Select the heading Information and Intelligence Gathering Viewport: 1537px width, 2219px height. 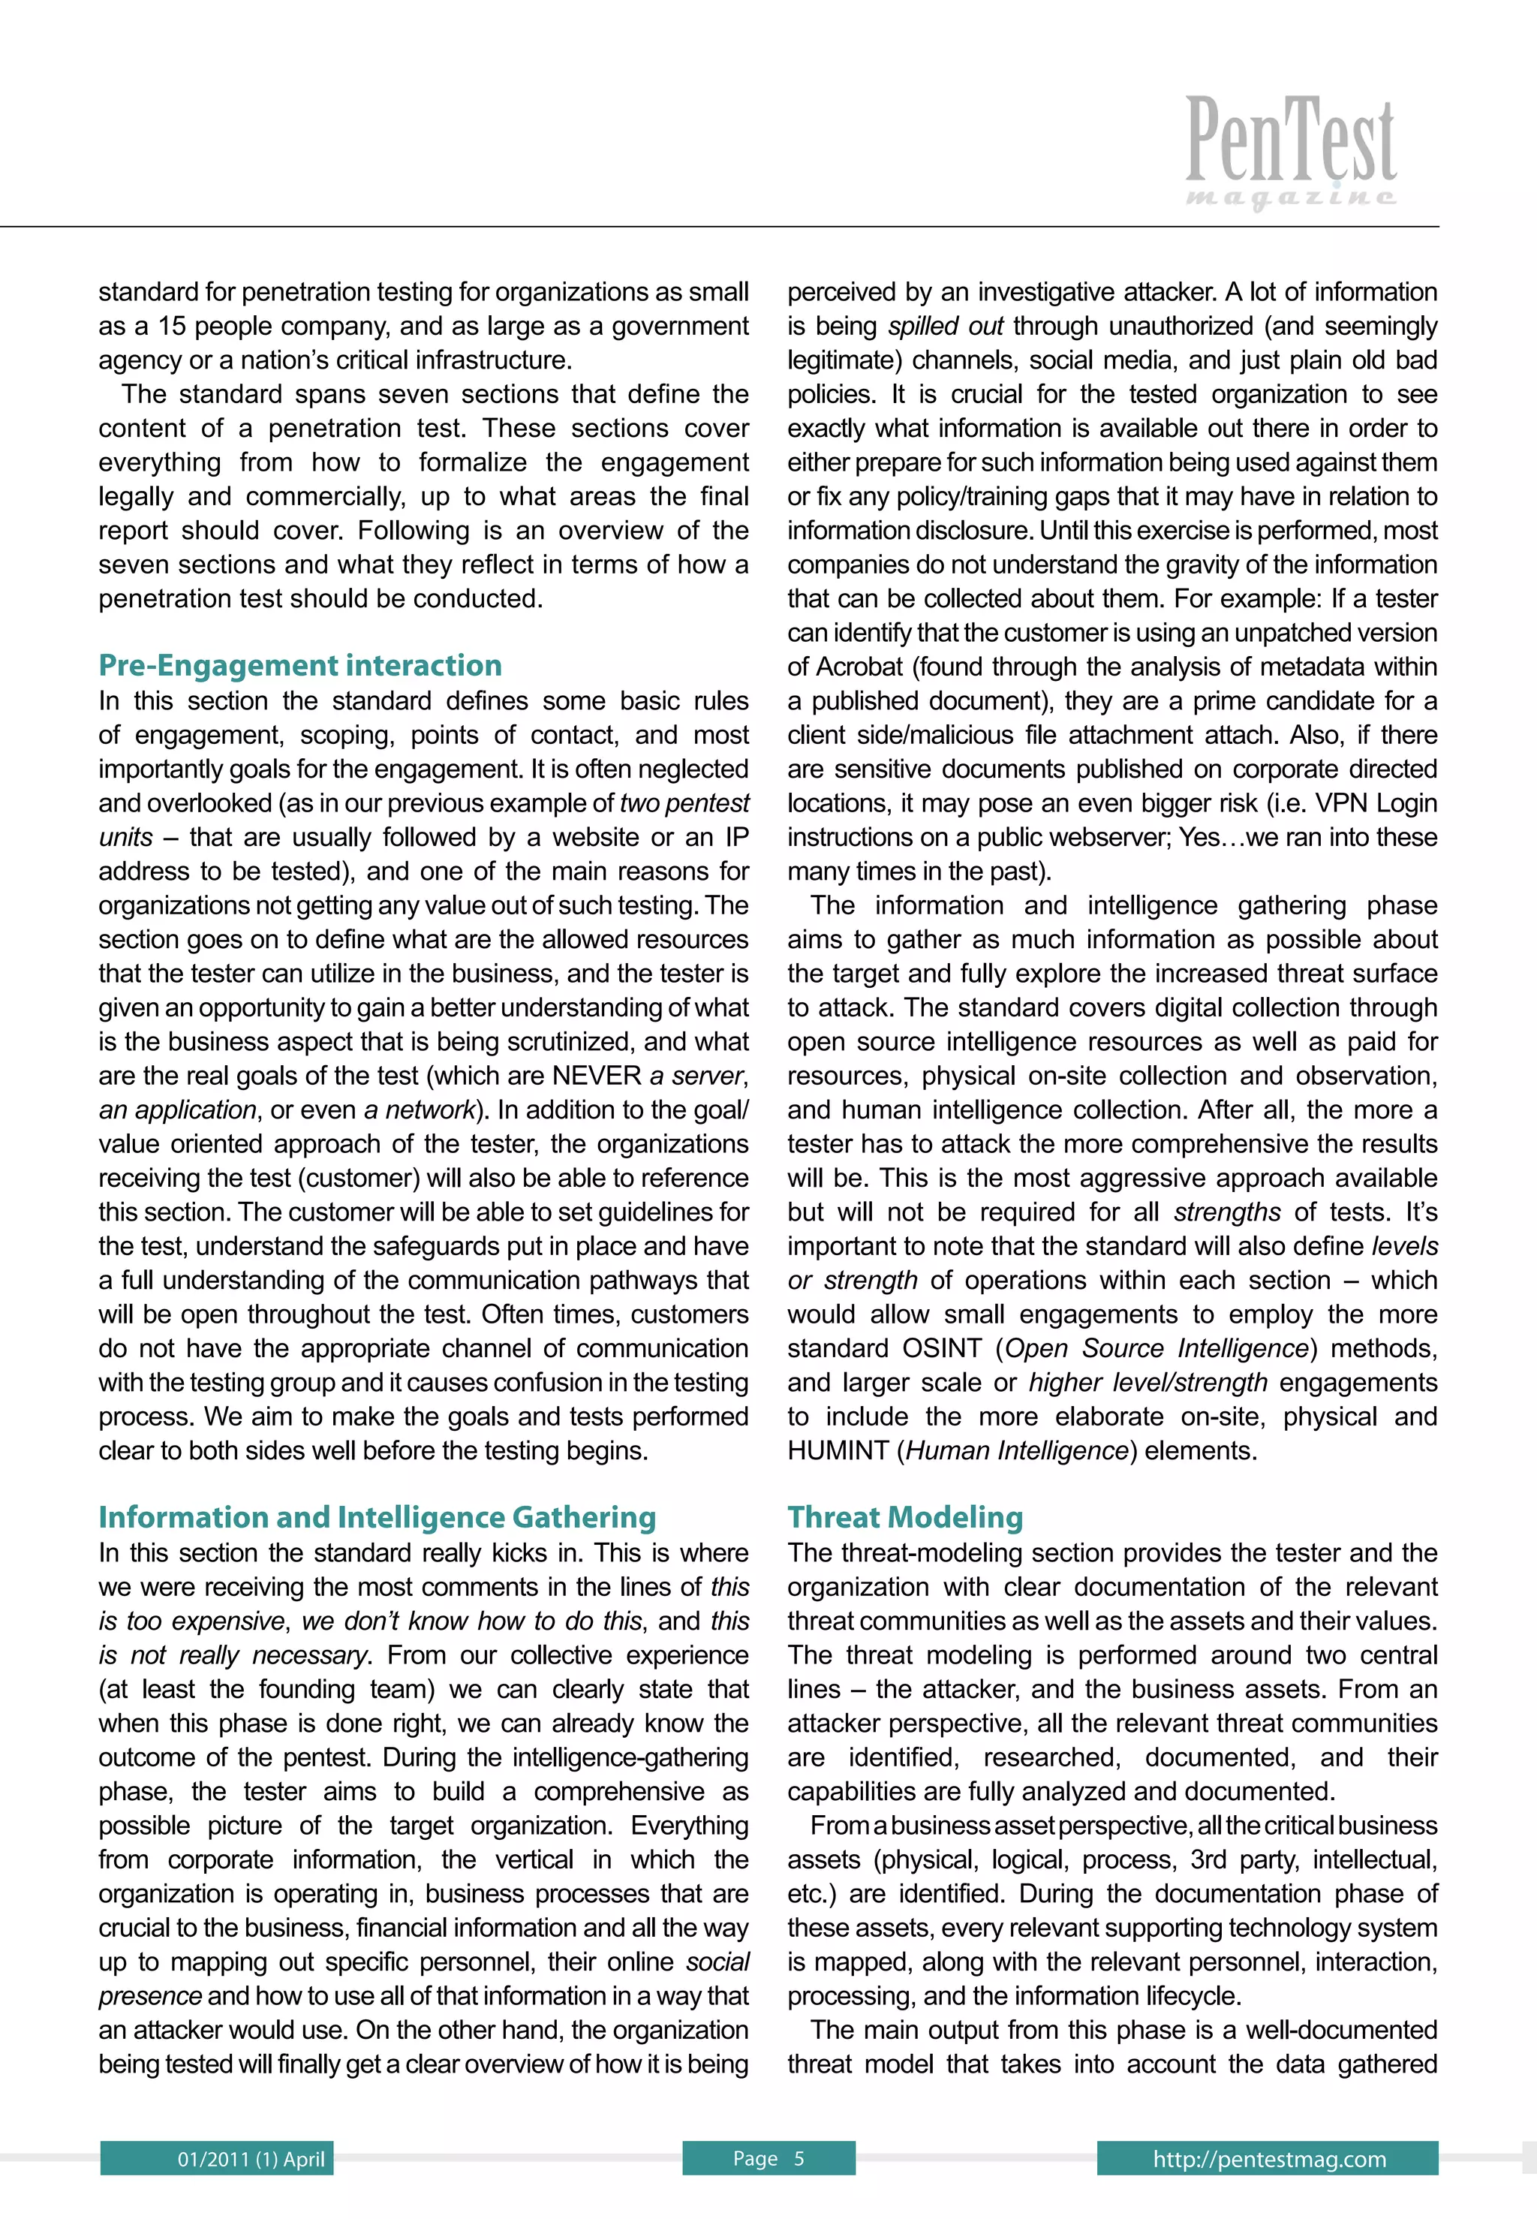(x=377, y=1517)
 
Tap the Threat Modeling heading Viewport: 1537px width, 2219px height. (x=904, y=1517)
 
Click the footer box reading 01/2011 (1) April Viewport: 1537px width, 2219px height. (x=217, y=2158)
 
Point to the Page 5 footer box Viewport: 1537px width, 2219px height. (x=768, y=2158)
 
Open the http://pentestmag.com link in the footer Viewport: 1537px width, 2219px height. (x=1268, y=2158)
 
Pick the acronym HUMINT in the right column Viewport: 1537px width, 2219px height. (x=838, y=1450)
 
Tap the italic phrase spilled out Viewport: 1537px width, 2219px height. (x=945, y=327)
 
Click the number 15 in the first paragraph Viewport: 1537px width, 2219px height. (x=173, y=327)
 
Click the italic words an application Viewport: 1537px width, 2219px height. (x=177, y=1109)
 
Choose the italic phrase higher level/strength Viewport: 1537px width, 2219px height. (x=1148, y=1382)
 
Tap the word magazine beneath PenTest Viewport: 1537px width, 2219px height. (x=1290, y=197)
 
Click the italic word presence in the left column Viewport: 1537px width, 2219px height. (x=149, y=1995)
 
